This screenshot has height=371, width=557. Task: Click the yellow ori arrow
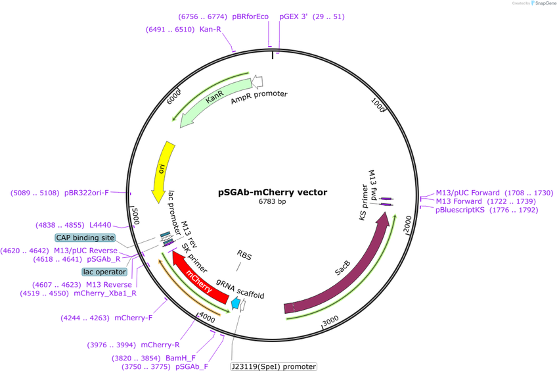pos(162,171)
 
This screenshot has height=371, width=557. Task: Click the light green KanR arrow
pos(213,99)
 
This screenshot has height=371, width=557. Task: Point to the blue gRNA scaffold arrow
pos(236,304)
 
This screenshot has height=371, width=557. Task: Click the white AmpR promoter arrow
pos(257,82)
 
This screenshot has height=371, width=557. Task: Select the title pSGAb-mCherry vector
pos(273,193)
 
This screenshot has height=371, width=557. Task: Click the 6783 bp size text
pos(272,202)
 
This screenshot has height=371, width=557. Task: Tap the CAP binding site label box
pos(85,237)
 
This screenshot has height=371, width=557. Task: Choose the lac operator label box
pos(104,272)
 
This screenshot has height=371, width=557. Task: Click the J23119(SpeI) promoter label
pos(273,366)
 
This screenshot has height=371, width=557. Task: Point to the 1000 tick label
pos(378,105)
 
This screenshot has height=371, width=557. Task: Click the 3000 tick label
pos(330,320)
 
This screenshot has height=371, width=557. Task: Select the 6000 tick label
pos(173,97)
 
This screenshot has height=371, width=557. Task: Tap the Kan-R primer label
pos(210,29)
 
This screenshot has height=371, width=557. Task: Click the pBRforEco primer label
pos(250,16)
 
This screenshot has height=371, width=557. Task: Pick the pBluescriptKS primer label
pos(460,210)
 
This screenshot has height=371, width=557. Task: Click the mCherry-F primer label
pos(133,318)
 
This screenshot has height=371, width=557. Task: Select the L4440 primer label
pos(100,225)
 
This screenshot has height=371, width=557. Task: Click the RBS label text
pos(244,255)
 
